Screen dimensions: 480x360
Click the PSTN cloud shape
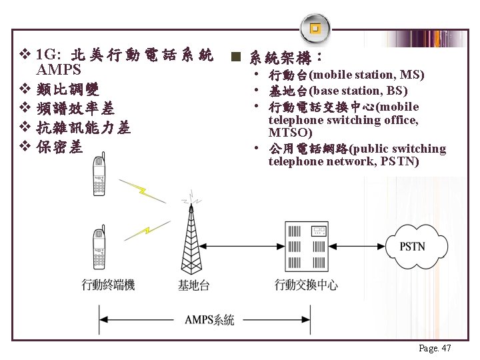point(411,246)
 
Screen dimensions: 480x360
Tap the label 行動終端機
point(108,285)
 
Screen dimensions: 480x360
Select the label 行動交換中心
point(306,285)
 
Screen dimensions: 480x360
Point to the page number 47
point(435,348)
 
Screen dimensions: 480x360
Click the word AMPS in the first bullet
point(59,70)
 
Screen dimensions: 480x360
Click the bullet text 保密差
point(60,147)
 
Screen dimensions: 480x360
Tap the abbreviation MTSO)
point(290,133)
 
